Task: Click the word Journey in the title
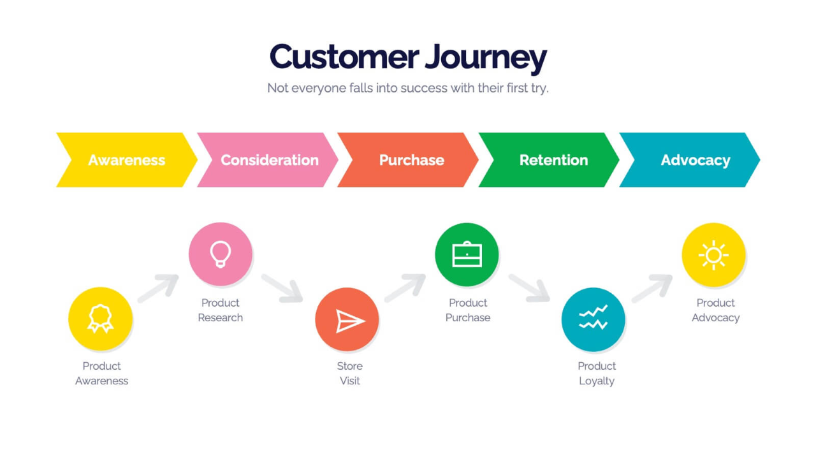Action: click(486, 58)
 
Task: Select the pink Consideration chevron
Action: click(268, 160)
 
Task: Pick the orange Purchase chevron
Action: click(408, 160)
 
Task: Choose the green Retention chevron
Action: click(549, 160)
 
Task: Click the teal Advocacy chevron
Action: click(690, 160)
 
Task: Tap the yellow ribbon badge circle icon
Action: click(100, 319)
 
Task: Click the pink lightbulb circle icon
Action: click(221, 254)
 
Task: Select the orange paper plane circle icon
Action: click(347, 319)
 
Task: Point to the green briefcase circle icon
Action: click(467, 254)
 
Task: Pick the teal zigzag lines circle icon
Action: click(593, 319)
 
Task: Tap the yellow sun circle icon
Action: click(713, 254)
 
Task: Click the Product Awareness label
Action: click(101, 374)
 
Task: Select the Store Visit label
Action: click(350, 374)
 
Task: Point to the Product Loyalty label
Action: click(597, 374)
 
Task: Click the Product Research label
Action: click(221, 310)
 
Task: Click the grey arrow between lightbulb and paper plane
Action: click(282, 288)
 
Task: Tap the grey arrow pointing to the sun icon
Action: click(652, 288)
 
